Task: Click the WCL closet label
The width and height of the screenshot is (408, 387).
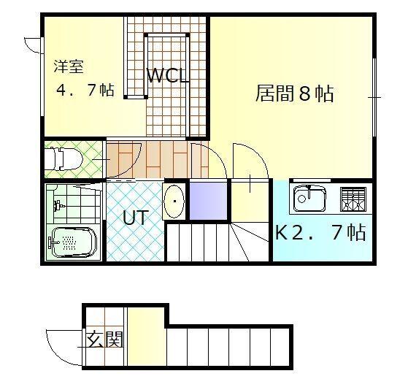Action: tap(168, 76)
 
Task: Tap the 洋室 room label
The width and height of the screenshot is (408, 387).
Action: tap(69, 66)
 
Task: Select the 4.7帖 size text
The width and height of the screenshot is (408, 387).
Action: tap(85, 90)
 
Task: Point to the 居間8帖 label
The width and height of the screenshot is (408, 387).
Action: tap(294, 93)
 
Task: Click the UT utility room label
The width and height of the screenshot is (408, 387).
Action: tap(136, 218)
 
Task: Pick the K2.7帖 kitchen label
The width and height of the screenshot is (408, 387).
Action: tap(320, 232)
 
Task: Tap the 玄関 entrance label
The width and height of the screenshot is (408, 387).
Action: tap(104, 340)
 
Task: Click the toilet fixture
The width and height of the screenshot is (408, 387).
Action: tap(63, 158)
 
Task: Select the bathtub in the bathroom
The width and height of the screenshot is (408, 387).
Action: tap(73, 242)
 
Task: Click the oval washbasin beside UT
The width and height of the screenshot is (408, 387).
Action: tap(174, 202)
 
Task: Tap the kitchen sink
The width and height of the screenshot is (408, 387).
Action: tap(309, 199)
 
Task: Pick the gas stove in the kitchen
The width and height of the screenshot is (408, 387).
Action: tap(353, 199)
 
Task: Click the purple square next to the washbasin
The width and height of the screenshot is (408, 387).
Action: tap(208, 201)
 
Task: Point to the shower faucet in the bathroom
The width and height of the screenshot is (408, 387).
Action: tap(58, 206)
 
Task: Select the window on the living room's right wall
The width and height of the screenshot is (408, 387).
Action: tap(374, 97)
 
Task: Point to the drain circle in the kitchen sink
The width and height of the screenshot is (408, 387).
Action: tap(301, 199)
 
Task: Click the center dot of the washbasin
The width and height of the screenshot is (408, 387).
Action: tap(174, 202)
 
